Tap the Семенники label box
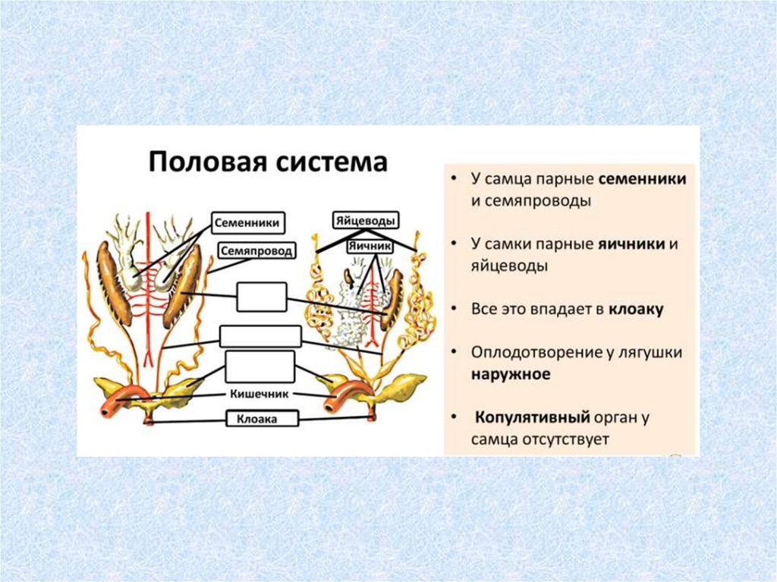(x=247, y=223)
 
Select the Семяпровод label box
(x=256, y=250)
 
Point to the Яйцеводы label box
(x=366, y=221)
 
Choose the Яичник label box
(x=370, y=247)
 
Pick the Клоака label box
(x=261, y=417)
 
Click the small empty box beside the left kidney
(x=261, y=296)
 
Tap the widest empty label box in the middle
(x=260, y=335)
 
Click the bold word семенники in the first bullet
(x=643, y=180)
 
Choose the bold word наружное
(x=510, y=374)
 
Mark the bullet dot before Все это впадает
(x=453, y=310)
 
